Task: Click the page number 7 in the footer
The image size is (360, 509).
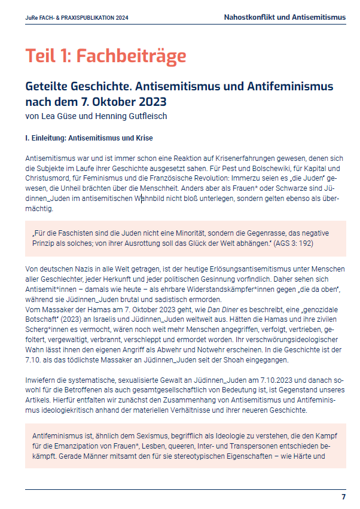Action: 343,497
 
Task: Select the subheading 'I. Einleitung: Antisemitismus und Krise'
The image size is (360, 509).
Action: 89,138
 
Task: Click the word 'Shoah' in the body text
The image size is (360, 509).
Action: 236,360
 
